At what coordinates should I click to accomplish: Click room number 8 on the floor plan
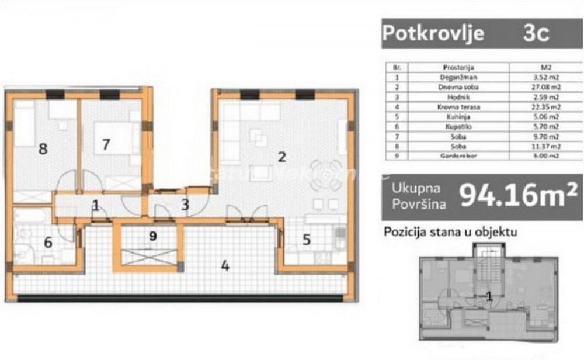click(x=42, y=148)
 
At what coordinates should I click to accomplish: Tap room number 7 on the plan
click(x=106, y=144)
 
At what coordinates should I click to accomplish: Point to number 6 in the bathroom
click(x=47, y=242)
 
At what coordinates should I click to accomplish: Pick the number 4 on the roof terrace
click(x=224, y=266)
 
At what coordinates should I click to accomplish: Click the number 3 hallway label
click(x=185, y=205)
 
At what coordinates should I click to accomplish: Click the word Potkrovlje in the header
click(x=433, y=33)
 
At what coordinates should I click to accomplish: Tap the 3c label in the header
click(x=536, y=33)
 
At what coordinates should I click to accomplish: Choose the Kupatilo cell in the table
click(x=453, y=127)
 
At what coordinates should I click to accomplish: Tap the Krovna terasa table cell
click(x=453, y=107)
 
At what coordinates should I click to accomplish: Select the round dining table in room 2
click(x=326, y=175)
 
